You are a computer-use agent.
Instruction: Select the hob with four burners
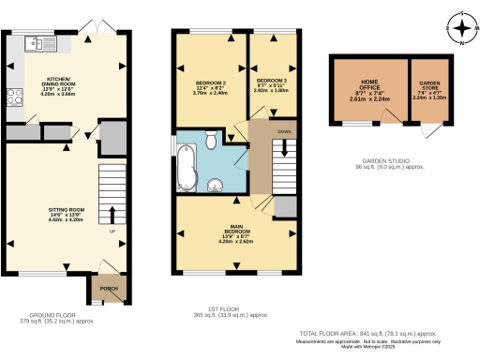click(x=15, y=96)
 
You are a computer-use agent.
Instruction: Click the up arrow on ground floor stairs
click(x=112, y=215)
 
